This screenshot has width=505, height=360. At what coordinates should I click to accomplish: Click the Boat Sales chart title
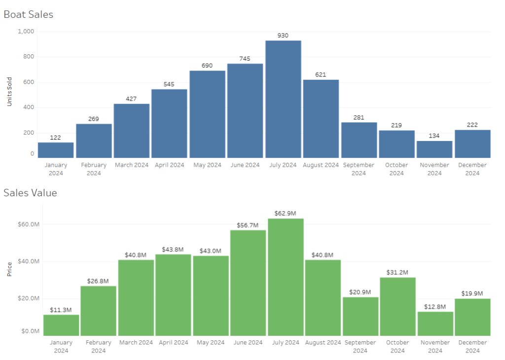coord(28,14)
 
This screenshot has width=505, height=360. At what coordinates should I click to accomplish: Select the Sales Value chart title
coord(30,193)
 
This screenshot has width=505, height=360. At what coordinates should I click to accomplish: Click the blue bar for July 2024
coord(283,99)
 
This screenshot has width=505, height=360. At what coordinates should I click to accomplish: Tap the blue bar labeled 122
coord(56,150)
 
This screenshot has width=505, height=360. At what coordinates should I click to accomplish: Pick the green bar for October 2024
coord(397,306)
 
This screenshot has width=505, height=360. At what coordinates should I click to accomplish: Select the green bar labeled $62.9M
coord(286,277)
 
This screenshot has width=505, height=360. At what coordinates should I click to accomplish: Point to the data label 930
coord(283,36)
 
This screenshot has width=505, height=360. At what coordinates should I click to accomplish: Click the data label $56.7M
coord(248,225)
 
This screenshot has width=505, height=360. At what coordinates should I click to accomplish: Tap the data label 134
coord(434,136)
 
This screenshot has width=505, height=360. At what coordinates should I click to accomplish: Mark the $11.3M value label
coord(61,310)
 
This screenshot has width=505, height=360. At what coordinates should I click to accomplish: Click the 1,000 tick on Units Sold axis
coord(26,32)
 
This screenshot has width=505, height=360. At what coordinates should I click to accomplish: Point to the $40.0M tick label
coord(28,261)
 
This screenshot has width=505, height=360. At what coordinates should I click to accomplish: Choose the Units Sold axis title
coord(9,93)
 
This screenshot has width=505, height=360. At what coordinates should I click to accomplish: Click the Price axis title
coord(9,269)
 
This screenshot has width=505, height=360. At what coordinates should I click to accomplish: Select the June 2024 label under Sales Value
coord(248,342)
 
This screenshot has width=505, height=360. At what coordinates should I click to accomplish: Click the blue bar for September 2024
coord(359,140)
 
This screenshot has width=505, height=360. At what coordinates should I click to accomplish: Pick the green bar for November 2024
coord(435,324)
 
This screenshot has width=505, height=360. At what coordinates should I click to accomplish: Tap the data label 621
coord(321,74)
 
